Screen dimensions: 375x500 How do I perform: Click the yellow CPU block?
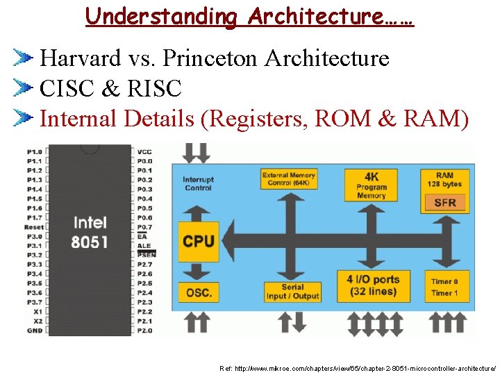(x=199, y=241)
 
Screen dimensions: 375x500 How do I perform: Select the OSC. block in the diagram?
(x=199, y=292)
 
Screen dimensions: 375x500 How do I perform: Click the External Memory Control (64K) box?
(x=288, y=179)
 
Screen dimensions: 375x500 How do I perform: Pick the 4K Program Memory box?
(x=372, y=185)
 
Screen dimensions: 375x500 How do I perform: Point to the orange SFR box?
(x=445, y=203)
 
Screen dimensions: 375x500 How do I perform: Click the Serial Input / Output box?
(x=292, y=292)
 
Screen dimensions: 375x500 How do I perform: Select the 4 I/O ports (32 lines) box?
(x=373, y=285)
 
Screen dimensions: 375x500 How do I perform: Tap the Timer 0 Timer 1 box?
(x=444, y=287)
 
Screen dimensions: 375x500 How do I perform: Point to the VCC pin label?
(x=144, y=151)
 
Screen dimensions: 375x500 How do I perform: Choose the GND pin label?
(x=35, y=331)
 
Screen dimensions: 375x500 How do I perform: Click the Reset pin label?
(x=34, y=227)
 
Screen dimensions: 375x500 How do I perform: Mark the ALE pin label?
(x=143, y=246)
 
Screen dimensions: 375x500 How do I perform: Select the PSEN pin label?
(x=147, y=255)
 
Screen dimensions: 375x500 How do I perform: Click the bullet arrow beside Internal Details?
(x=24, y=119)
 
